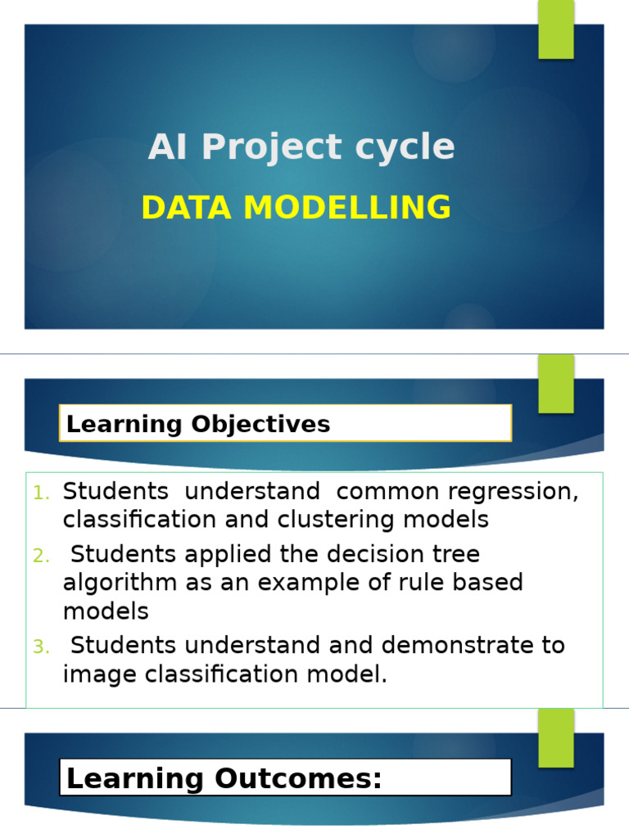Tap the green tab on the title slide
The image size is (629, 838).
click(556, 29)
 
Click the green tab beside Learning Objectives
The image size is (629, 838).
click(556, 384)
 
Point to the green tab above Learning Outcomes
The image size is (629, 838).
click(556, 737)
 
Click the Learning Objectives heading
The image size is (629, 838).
click(198, 424)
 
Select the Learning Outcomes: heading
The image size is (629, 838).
click(224, 778)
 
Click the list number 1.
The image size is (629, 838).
click(42, 493)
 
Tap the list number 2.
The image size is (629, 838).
click(42, 556)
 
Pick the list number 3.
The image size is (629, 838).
click(42, 647)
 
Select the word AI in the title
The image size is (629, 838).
click(170, 148)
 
